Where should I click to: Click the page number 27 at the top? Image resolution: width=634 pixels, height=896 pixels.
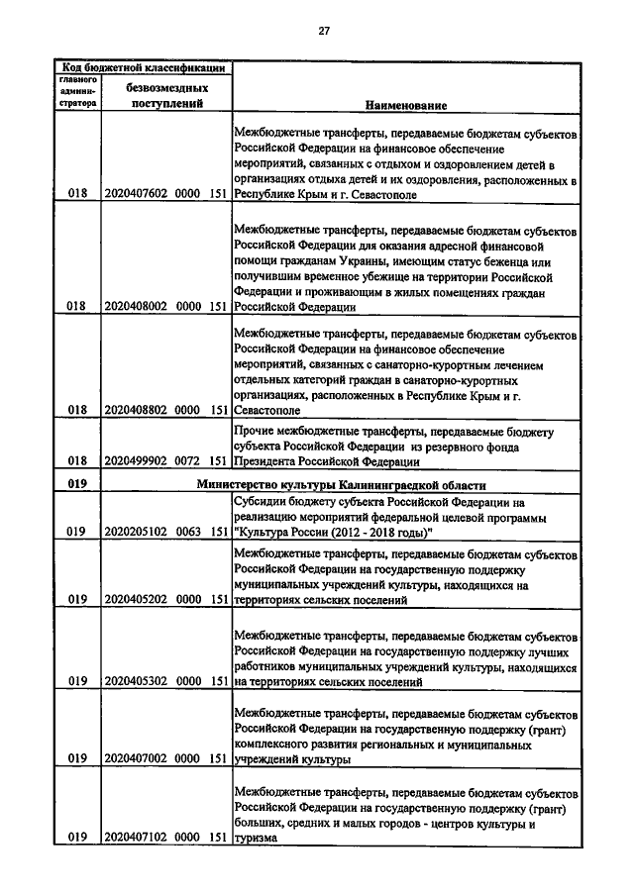point(324,31)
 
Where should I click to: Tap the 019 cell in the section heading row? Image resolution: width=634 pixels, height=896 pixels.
point(77,485)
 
